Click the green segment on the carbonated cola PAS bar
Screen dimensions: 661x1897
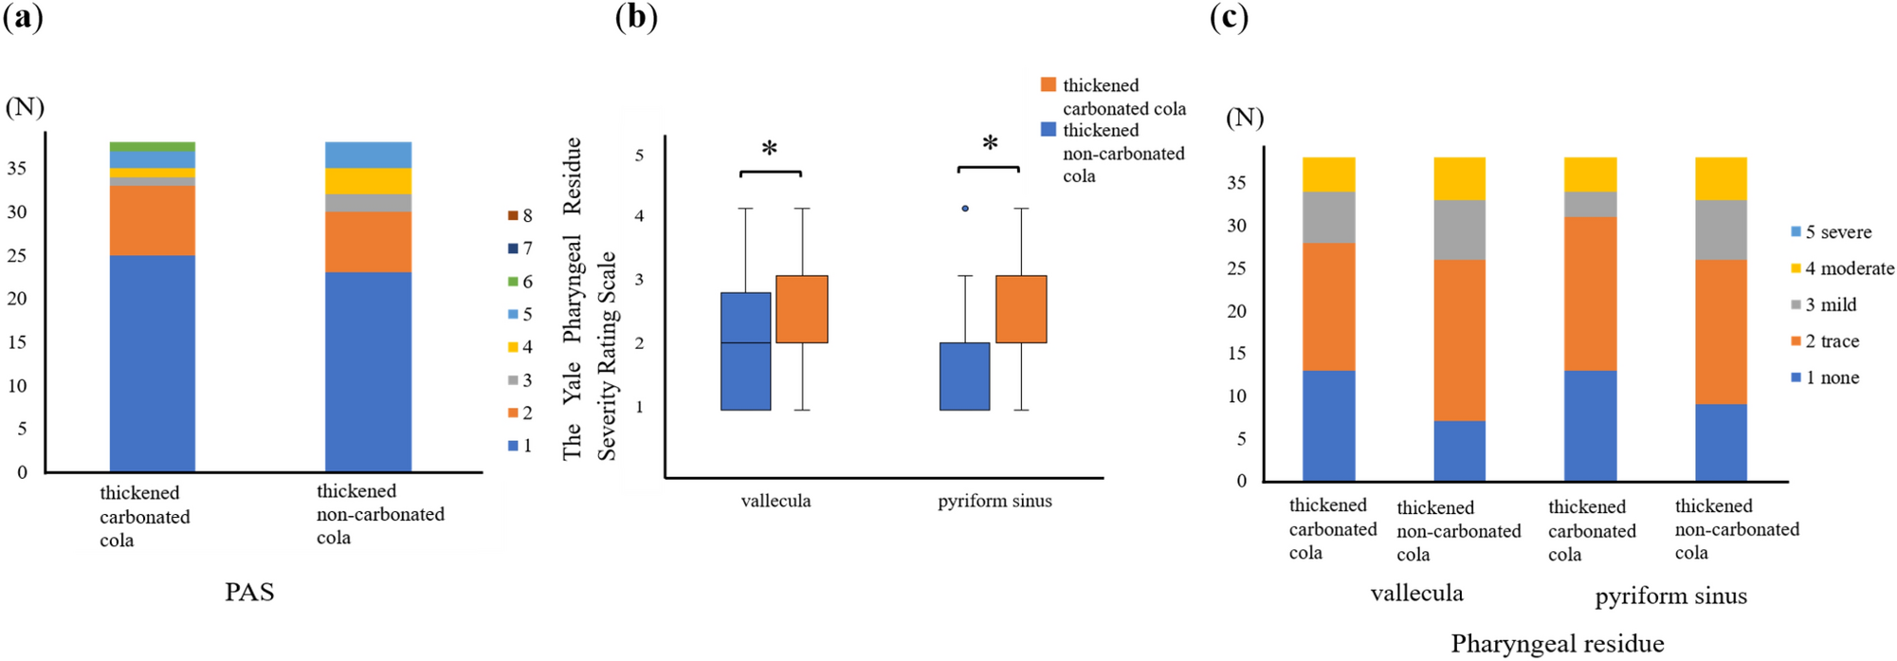point(153,146)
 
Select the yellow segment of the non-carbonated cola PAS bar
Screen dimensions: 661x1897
point(368,180)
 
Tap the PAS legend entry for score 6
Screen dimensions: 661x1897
point(520,282)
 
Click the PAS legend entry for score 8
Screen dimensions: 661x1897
point(520,215)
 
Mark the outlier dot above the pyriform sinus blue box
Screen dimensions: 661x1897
point(965,208)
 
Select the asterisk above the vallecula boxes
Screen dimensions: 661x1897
point(770,149)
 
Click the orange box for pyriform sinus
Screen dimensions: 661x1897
point(1021,308)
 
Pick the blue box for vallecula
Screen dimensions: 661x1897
point(745,351)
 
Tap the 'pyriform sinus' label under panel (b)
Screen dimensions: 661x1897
point(994,501)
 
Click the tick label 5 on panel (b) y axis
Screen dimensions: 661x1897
point(639,155)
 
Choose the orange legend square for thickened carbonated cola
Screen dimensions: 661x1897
point(1048,84)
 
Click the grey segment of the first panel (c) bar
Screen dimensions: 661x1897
point(1328,217)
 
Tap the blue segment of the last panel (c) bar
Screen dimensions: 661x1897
point(1721,442)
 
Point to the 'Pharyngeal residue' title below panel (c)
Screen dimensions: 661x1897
point(1557,643)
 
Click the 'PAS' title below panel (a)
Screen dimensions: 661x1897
point(249,592)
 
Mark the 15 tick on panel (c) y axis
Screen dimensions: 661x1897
point(1236,353)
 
